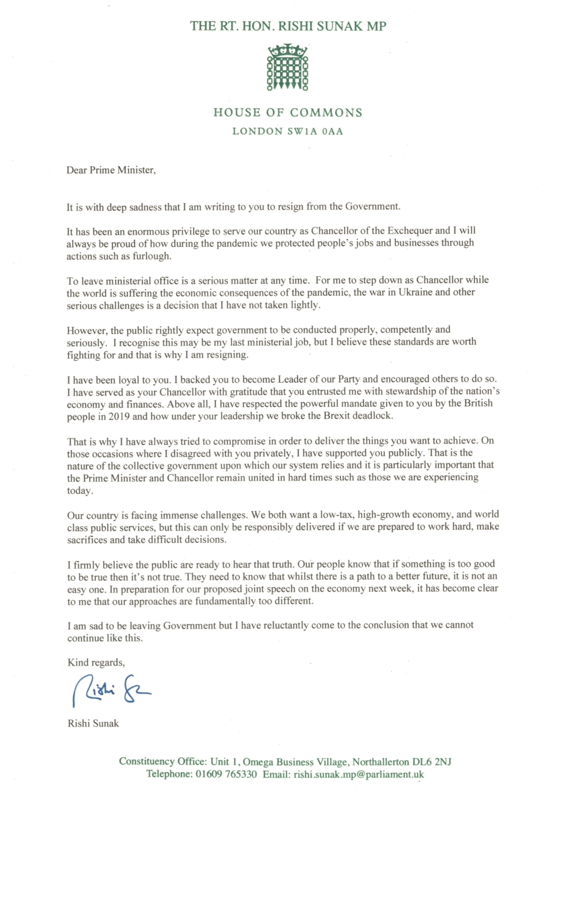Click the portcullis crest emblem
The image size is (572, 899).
click(x=287, y=67)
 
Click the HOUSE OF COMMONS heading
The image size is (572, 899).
click(x=288, y=113)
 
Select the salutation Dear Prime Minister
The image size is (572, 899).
click(x=111, y=170)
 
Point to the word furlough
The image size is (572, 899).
click(x=151, y=256)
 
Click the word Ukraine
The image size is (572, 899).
click(x=411, y=292)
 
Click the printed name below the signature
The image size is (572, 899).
click(x=93, y=724)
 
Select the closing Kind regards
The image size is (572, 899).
click(x=96, y=663)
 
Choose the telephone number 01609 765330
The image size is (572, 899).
click(x=226, y=774)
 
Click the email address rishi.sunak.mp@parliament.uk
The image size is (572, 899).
click(x=358, y=774)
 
